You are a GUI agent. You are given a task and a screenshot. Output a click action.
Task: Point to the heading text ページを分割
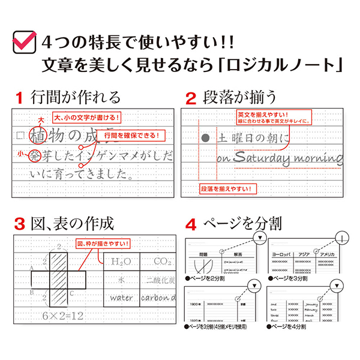click(244, 225)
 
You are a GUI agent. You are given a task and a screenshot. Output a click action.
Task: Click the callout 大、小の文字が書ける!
click(87, 117)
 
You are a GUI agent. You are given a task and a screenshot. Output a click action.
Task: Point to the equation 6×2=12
click(58, 316)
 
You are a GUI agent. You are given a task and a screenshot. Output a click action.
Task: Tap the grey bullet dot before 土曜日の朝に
click(206, 138)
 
